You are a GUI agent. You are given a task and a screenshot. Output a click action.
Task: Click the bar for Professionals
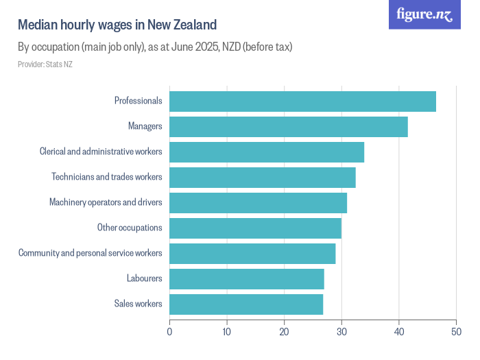pyautogui.click(x=303, y=101)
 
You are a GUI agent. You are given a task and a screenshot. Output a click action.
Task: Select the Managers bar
pyautogui.click(x=289, y=127)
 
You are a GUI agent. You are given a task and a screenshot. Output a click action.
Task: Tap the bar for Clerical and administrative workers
pyautogui.click(x=267, y=152)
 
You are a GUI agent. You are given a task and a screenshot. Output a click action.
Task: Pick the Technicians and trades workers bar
pyautogui.click(x=263, y=178)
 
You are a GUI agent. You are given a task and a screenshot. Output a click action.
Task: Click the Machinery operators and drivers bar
pyautogui.click(x=259, y=203)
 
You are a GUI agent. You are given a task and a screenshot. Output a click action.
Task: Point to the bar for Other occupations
pyautogui.click(x=256, y=228)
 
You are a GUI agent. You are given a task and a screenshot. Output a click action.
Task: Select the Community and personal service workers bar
pyautogui.click(x=252, y=254)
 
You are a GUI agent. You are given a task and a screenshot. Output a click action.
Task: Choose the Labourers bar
pyautogui.click(x=247, y=279)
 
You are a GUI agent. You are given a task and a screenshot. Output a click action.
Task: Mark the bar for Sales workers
pyautogui.click(x=246, y=304)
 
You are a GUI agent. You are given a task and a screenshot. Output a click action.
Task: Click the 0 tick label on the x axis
pyautogui.click(x=169, y=332)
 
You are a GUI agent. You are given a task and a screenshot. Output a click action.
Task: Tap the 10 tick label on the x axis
pyautogui.click(x=226, y=332)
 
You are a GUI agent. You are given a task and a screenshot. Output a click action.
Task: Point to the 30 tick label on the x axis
pyautogui.click(x=341, y=332)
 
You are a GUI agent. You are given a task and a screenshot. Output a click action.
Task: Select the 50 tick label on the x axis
pyautogui.click(x=456, y=332)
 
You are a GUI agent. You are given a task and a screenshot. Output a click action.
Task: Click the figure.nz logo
pyautogui.click(x=424, y=14)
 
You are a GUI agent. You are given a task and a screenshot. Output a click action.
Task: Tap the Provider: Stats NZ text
pyautogui.click(x=45, y=64)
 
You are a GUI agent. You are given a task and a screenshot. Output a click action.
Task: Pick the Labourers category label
pyautogui.click(x=145, y=278)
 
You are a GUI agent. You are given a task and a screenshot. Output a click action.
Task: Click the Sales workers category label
pyautogui.click(x=138, y=304)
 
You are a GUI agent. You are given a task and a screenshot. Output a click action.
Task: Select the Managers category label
pyautogui.click(x=145, y=126)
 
